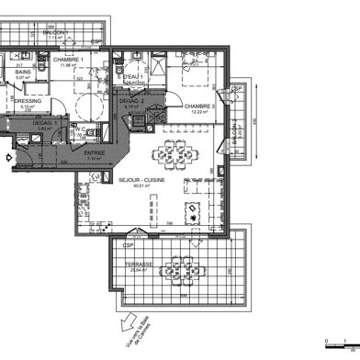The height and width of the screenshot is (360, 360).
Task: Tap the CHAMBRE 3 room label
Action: (199, 107)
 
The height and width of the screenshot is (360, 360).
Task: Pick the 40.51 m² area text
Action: (141, 186)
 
